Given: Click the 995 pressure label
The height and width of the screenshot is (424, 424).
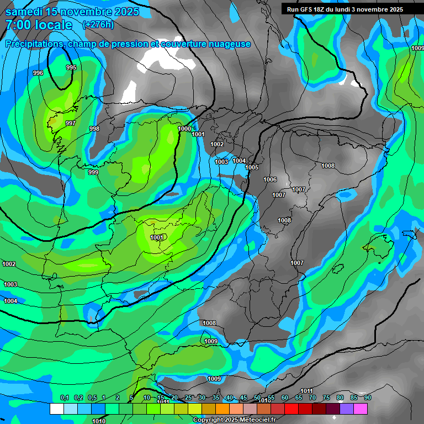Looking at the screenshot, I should [71, 67].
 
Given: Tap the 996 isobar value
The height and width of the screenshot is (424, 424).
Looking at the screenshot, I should [38, 73].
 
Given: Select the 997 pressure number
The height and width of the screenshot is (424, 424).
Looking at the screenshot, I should [70, 123].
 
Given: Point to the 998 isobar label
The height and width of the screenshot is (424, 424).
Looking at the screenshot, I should [94, 129].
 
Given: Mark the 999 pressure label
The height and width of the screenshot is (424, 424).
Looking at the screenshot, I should [93, 172].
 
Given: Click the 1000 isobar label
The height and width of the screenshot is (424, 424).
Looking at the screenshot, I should [184, 129].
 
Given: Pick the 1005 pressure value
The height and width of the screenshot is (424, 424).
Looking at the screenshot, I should [252, 167].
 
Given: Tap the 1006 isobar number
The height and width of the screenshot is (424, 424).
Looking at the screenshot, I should [270, 179].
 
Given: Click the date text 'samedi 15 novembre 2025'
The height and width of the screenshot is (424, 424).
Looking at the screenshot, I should [72, 12].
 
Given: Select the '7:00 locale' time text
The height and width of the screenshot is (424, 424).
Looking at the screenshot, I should [38, 25].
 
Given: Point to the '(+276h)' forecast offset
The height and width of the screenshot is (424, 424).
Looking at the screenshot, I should [98, 25].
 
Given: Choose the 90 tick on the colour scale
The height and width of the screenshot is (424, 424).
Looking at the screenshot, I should [368, 397].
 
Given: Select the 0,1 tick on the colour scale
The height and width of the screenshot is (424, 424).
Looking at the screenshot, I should [64, 397].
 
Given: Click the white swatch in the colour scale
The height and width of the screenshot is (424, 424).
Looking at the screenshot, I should [56, 409].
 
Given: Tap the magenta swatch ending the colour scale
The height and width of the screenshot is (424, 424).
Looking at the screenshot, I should [361, 409].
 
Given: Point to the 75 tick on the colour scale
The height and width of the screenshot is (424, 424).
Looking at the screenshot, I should [326, 397].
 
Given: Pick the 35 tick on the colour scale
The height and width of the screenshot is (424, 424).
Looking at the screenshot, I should [215, 397].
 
